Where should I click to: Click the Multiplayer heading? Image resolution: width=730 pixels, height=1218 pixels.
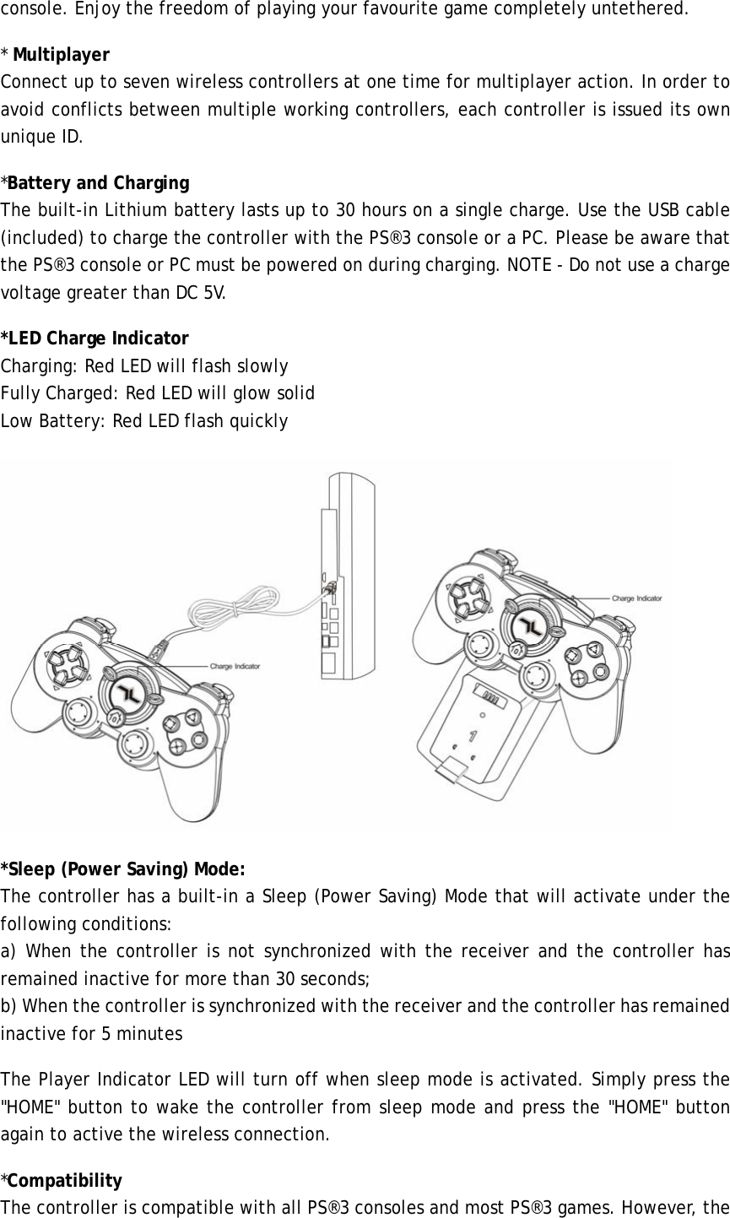[60, 56]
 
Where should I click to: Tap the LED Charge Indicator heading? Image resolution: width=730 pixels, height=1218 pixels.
[95, 338]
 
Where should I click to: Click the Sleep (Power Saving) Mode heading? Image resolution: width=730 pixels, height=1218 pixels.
[123, 869]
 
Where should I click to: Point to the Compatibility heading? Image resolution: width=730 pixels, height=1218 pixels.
[64, 1180]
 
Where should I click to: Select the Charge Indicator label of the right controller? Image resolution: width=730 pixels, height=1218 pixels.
[637, 598]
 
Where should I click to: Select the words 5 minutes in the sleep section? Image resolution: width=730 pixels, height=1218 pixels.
[141, 1033]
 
